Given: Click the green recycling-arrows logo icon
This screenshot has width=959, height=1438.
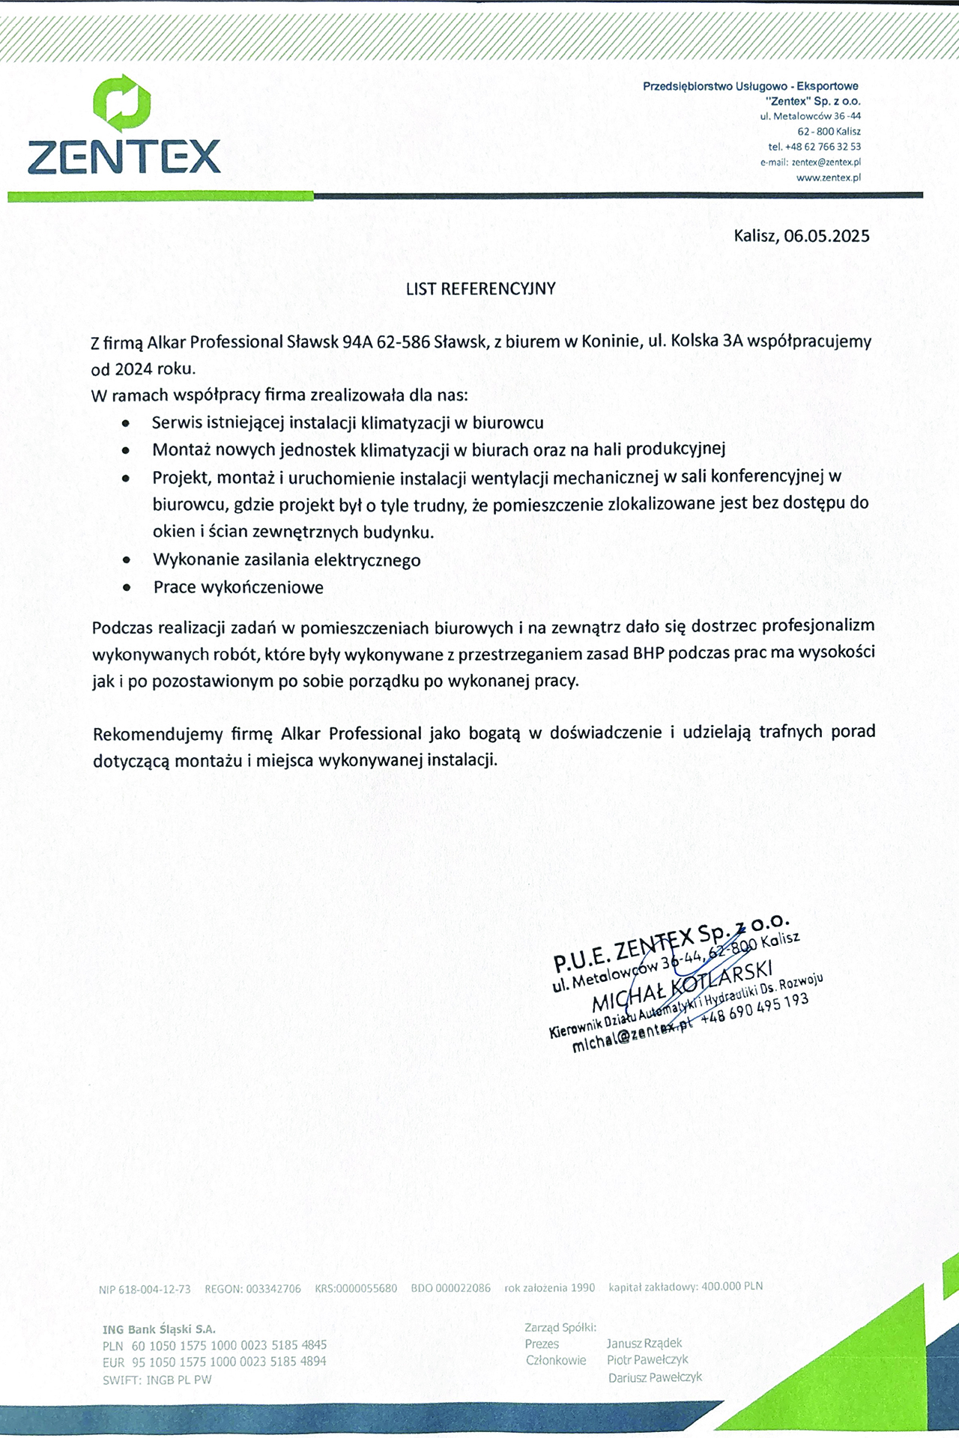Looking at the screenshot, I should click(122, 103).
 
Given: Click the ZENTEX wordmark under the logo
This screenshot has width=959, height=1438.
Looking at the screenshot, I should click(124, 157).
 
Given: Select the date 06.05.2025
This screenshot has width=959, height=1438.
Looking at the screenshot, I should click(826, 237).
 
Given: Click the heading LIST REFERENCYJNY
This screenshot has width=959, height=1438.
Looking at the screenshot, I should click(480, 289).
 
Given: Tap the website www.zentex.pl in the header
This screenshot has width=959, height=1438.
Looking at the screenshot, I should click(828, 178).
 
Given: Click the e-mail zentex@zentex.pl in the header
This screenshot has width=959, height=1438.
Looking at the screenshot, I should click(826, 163).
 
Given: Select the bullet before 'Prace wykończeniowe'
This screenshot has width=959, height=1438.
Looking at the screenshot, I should click(127, 588).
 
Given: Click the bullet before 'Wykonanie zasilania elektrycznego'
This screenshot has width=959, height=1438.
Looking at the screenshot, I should click(127, 560).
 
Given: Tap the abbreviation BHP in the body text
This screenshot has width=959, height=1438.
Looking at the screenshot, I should click(648, 653).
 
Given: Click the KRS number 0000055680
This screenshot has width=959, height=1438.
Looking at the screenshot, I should click(366, 1288).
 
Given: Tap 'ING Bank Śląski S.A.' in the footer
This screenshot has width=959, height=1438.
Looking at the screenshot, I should click(159, 1329).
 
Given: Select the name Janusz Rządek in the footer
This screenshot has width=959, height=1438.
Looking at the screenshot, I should click(644, 1344).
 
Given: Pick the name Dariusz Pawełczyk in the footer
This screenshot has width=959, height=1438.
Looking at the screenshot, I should click(655, 1377).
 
